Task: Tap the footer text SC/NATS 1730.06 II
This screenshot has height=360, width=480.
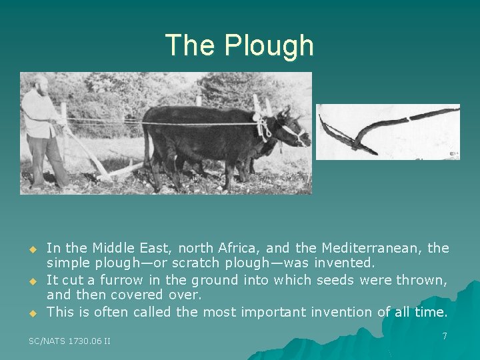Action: [70, 341]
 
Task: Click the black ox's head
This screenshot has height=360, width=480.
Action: [292, 127]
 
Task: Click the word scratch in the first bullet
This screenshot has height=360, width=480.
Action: [184, 264]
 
